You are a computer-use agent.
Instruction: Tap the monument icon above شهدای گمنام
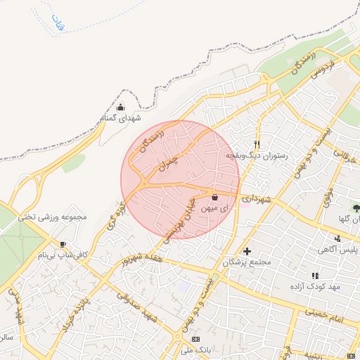(x=121, y=108)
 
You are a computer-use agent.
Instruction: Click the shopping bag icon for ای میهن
(x=214, y=197)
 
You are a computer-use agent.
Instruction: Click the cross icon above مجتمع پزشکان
(x=247, y=251)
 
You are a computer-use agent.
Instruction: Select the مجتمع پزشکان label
(x=247, y=262)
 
